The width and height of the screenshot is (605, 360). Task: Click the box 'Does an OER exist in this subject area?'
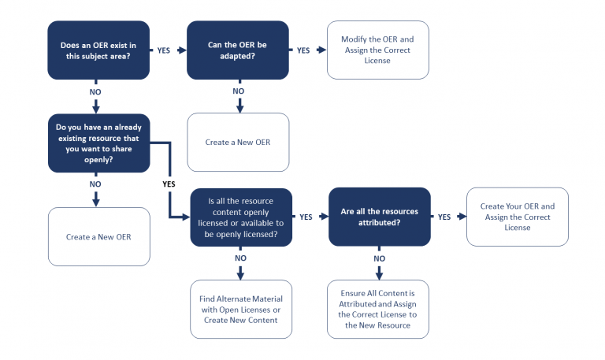click(x=98, y=50)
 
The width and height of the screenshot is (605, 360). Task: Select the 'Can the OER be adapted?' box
click(x=238, y=50)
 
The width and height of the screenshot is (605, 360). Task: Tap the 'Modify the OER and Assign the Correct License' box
click(x=377, y=50)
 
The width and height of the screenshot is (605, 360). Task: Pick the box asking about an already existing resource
click(x=98, y=143)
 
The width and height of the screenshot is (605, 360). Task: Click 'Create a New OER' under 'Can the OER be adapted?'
click(x=238, y=142)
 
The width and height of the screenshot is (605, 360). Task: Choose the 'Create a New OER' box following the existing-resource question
click(x=98, y=236)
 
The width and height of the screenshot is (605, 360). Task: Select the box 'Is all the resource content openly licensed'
click(x=241, y=217)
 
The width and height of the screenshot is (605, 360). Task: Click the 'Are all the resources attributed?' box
click(x=379, y=217)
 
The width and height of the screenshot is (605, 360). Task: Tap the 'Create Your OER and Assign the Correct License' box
click(x=517, y=217)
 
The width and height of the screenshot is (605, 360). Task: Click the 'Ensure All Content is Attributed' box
click(x=379, y=309)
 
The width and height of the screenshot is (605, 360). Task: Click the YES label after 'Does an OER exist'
click(x=163, y=50)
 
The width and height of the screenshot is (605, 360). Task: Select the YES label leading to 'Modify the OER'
click(x=302, y=50)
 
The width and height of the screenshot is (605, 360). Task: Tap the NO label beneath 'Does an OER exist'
click(x=95, y=92)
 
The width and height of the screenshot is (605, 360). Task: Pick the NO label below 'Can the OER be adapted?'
click(x=239, y=91)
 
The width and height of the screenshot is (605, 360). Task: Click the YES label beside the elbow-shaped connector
click(x=169, y=184)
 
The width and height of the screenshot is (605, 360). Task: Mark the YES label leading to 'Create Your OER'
click(x=444, y=217)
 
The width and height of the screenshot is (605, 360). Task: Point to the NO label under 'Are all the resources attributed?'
click(x=379, y=258)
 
